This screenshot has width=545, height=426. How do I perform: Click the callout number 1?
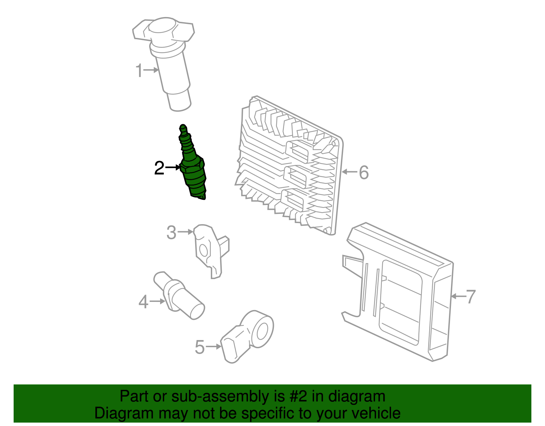coord(139,71)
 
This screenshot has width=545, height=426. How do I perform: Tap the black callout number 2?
coord(159,168)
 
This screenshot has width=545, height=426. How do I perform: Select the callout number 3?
coord(171,233)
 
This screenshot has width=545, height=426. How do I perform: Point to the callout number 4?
coord(144,302)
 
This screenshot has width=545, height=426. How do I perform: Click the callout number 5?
coord(200,347)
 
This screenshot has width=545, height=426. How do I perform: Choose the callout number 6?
coord(364,172)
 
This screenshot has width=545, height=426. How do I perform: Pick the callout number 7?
coord(470,296)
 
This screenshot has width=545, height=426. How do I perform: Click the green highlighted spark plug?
coord(193,171)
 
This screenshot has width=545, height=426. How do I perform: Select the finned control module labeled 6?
coord(290,164)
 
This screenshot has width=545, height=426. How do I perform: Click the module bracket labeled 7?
coord(402,297)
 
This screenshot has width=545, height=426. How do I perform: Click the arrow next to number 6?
coord(349,172)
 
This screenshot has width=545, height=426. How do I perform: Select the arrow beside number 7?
coord(457,296)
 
